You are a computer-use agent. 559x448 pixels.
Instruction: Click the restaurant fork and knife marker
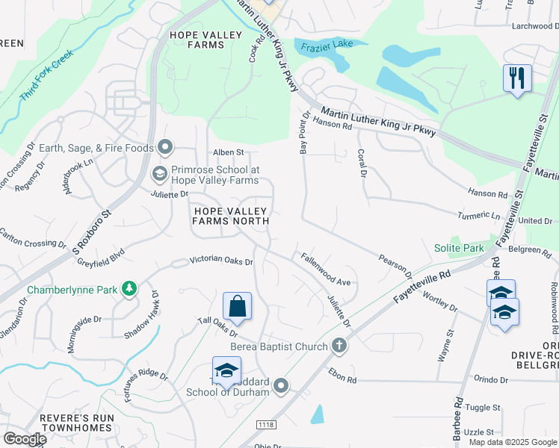coord(517,78)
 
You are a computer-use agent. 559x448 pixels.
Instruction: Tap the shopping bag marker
coord(237,306)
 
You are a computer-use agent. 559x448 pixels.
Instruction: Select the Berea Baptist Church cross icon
coord(339,346)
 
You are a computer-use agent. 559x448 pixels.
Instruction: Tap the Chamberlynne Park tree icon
coord(129,288)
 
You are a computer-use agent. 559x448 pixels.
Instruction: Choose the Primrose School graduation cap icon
coord(158,174)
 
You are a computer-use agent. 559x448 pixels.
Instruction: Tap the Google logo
coord(24,439)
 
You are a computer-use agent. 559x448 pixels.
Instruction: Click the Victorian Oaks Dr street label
coord(222,261)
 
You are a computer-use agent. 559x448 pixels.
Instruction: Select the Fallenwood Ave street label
coord(326,270)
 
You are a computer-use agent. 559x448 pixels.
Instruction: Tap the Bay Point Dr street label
coord(304,133)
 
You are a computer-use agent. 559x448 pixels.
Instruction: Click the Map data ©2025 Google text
coord(513,442)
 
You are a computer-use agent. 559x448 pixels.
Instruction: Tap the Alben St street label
coord(229,152)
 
